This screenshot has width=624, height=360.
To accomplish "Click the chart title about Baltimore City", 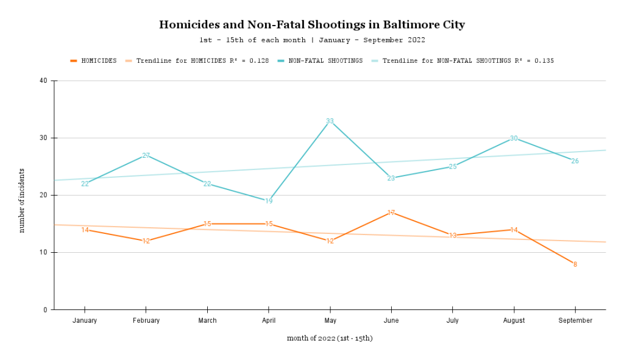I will click(311, 25).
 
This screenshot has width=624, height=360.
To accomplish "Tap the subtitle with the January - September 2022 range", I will click(311, 40).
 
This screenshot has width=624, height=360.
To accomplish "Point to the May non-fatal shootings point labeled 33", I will click(330, 121).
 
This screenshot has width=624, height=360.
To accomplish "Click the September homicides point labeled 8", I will click(575, 264).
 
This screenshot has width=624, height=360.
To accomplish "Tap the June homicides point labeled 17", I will click(391, 213).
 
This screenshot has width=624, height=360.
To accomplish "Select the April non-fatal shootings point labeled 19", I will click(269, 201).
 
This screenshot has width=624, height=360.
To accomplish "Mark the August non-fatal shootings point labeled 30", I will click(514, 138).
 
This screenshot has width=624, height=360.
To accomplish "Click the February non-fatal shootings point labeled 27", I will click(146, 155).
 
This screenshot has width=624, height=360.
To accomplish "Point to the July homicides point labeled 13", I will click(453, 235).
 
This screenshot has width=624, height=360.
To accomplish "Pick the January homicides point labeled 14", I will click(85, 230).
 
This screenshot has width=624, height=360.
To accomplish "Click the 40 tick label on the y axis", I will click(44, 80).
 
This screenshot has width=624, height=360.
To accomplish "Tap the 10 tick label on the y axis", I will click(44, 252).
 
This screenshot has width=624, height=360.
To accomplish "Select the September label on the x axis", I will click(575, 320).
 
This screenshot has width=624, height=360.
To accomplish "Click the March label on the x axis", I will click(207, 320).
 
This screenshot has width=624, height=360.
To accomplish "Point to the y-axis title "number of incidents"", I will click(22, 200).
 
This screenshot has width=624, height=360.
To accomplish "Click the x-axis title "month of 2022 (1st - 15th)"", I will click(330, 338).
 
